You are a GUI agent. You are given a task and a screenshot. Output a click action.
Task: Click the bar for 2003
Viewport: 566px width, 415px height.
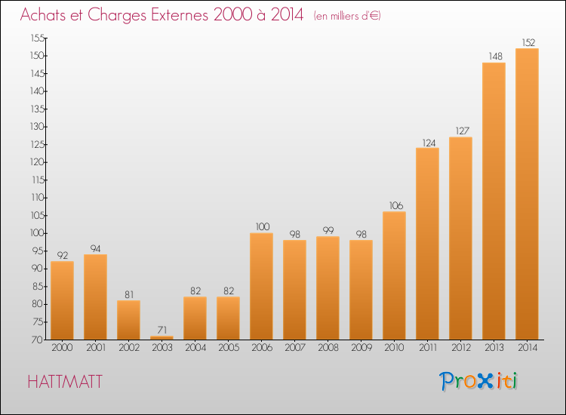(x=161, y=338)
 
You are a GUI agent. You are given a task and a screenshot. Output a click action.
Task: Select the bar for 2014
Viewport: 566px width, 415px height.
(x=527, y=194)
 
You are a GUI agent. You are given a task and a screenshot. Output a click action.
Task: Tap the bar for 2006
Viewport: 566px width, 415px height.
(x=261, y=287)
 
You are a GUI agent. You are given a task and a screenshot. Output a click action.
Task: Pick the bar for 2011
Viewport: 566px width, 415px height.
(x=427, y=244)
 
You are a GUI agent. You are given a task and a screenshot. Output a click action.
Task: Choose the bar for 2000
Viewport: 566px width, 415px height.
(x=62, y=300)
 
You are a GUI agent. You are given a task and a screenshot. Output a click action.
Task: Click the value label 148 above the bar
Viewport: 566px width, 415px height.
(x=495, y=57)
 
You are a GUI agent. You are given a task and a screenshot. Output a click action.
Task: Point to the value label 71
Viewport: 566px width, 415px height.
(x=162, y=330)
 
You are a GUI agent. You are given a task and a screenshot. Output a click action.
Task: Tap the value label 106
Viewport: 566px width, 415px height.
(x=396, y=205)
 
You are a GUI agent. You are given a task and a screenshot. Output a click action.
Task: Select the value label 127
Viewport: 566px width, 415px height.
(x=462, y=131)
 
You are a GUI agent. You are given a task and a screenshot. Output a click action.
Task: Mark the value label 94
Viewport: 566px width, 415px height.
(x=95, y=248)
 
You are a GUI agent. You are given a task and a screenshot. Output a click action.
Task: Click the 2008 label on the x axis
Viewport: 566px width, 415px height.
(x=328, y=347)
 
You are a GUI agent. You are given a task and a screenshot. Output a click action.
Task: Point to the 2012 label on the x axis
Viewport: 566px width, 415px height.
(x=461, y=347)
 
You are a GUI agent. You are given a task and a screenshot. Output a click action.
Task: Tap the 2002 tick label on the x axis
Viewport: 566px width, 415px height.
(x=129, y=347)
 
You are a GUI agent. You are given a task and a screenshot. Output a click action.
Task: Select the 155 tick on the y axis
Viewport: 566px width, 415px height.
(x=38, y=38)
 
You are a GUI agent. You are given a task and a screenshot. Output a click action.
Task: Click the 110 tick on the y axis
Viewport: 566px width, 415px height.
(x=38, y=198)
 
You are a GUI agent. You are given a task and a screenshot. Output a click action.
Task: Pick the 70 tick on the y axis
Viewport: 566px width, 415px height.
(x=38, y=340)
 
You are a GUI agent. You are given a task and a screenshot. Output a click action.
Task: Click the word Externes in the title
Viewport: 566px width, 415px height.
(x=180, y=15)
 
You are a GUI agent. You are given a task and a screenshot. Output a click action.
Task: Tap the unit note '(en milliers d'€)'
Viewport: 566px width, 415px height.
(x=347, y=16)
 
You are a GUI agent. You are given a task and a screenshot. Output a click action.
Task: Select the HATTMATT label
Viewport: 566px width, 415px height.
(x=65, y=382)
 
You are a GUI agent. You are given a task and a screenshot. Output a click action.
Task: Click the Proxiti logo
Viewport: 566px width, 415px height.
(x=478, y=381)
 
